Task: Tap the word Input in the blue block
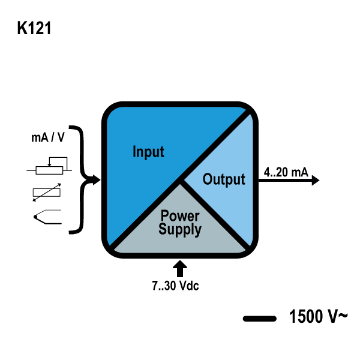tap(148, 151)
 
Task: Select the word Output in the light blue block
tap(224, 179)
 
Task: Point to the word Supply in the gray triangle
tap(180, 229)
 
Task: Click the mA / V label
tap(48, 137)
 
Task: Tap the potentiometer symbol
tap(50, 167)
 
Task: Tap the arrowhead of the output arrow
tap(315, 180)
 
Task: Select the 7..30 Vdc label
tap(175, 286)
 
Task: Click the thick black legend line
tap(259, 318)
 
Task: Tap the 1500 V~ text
tap(317, 316)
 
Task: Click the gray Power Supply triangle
tap(180, 237)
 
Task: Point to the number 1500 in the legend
tap(305, 316)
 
